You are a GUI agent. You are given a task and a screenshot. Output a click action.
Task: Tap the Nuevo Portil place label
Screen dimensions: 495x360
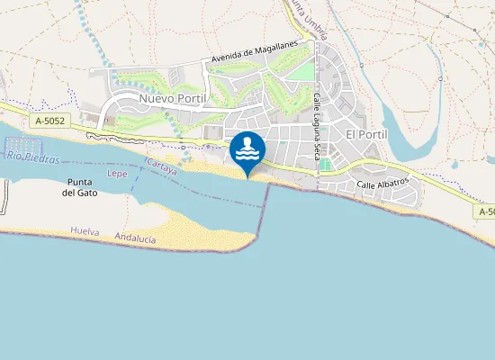pos(173,97)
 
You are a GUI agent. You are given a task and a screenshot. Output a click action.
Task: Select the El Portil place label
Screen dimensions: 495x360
pos(366,133)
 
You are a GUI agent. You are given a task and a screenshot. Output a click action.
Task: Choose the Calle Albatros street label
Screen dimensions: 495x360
pos(382,183)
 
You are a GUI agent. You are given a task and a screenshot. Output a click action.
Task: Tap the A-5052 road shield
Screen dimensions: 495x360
pos(49,120)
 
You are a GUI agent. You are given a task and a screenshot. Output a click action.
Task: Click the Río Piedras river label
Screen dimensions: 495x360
pos(31,158)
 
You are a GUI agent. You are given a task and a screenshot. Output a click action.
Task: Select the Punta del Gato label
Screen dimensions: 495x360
pos(81,186)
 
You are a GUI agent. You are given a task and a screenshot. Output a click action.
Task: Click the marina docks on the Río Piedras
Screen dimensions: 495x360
pos(27,145)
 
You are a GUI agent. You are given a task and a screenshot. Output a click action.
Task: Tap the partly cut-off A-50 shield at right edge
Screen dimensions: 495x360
pos(486,211)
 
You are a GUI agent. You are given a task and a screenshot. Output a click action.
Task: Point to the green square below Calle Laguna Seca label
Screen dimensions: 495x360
pos(325,165)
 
